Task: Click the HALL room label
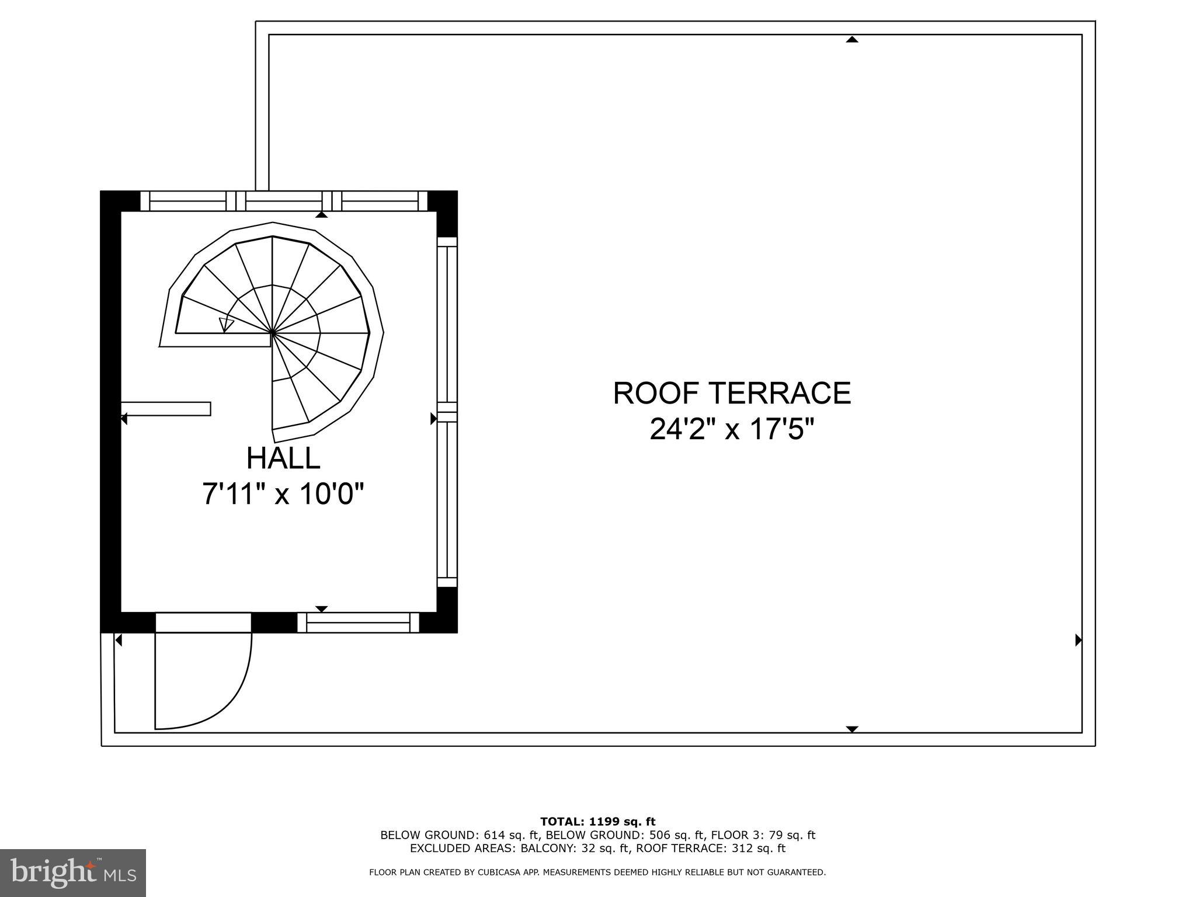tap(283, 458)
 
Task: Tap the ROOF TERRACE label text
tap(732, 393)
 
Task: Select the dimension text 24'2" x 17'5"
tap(732, 431)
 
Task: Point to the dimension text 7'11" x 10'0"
tap(283, 494)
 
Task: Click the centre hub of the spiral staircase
tap(273, 333)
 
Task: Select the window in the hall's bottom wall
tap(358, 623)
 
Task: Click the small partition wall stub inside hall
tap(166, 409)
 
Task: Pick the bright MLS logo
tap(73, 873)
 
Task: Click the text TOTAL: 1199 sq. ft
tap(597, 822)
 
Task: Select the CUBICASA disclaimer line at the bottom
tap(597, 872)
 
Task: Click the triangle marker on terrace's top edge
tap(852, 40)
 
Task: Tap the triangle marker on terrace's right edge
tap(1079, 641)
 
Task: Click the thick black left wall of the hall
tap(110, 409)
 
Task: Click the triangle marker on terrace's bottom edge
tap(852, 729)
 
